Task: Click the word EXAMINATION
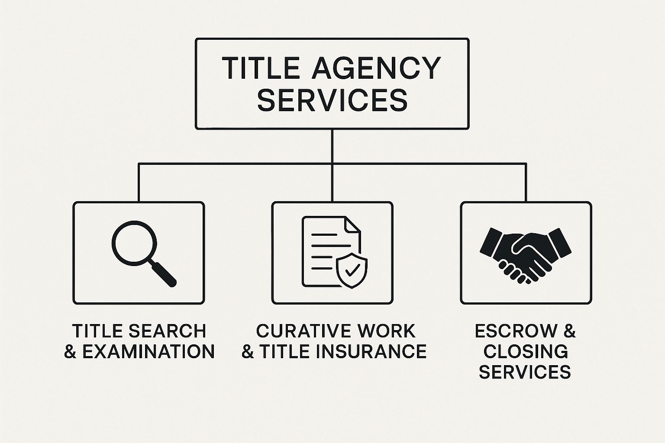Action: click(x=148, y=351)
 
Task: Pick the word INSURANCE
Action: click(x=371, y=351)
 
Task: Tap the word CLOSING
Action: click(x=526, y=351)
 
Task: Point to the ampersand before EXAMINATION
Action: click(x=70, y=351)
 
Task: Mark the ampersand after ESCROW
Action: click(x=569, y=331)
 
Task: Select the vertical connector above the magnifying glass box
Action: click(x=139, y=182)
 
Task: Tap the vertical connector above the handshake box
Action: click(x=526, y=182)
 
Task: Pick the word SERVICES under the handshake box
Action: click(x=525, y=372)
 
